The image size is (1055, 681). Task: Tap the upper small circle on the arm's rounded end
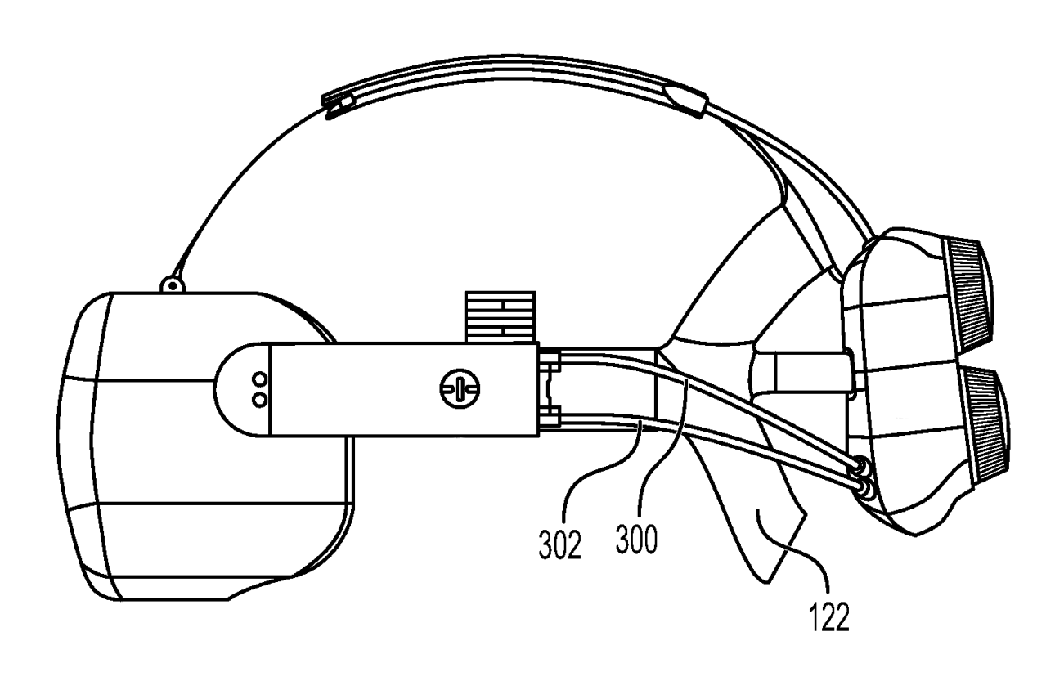click(x=260, y=380)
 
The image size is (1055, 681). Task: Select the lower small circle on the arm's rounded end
click(x=260, y=398)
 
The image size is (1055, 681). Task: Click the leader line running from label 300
click(x=669, y=458)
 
